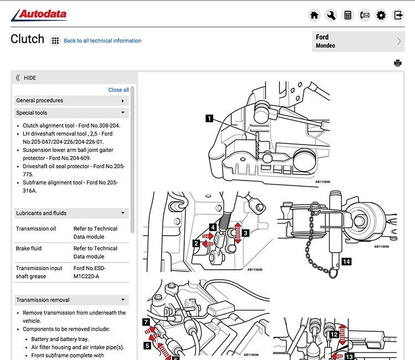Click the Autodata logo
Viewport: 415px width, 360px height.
39,14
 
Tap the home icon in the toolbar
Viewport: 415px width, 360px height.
314,16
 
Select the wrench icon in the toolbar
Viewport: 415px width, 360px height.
331,16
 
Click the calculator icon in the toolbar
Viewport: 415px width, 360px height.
347,16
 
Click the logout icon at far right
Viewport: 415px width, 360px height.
398,16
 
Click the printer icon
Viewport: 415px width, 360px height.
397,63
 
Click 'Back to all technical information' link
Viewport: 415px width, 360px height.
102,41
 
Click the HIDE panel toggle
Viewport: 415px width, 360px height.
26,78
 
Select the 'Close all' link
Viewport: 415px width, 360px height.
118,90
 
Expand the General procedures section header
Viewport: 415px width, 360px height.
71,101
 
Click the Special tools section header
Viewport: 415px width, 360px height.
71,113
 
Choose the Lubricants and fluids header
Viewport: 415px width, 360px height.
71,213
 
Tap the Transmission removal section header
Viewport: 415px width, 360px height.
71,300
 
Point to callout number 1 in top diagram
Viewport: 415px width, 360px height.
209,117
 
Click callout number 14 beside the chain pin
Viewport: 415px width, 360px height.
346,261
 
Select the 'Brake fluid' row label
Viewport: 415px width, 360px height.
29,249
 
